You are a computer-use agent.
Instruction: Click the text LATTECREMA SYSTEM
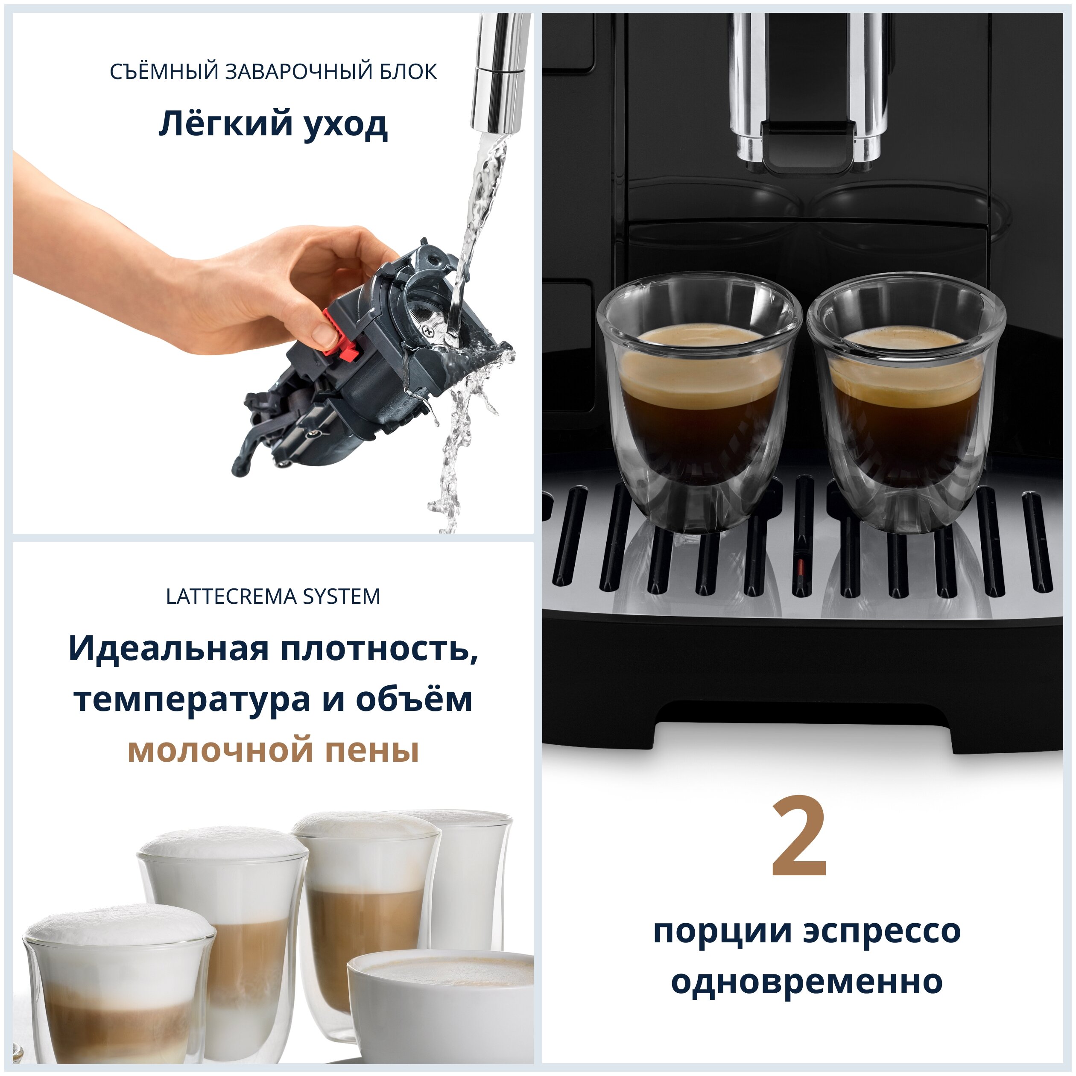click(273, 596)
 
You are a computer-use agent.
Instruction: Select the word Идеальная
click(168, 649)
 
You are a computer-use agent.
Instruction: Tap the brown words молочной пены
click(273, 751)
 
